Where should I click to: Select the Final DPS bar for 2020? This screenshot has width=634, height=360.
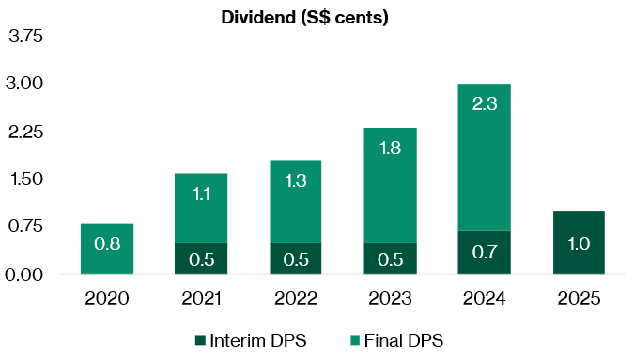106,248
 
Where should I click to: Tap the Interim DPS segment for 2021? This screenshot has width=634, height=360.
200,258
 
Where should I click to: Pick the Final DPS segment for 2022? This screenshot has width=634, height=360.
295,201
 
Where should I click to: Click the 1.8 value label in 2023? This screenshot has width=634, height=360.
389,149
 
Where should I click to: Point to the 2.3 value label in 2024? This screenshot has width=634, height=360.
484,104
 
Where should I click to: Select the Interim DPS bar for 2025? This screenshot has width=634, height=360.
578,243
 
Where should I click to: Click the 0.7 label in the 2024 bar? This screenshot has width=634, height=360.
484,252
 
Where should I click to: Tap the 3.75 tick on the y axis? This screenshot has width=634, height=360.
27,38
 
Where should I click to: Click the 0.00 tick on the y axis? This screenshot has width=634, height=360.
27,274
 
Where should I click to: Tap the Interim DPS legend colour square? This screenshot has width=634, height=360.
199,340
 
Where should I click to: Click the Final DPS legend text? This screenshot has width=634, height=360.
407,340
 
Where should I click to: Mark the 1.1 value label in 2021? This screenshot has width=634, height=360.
200,195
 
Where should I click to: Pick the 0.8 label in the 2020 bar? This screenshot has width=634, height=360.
106,244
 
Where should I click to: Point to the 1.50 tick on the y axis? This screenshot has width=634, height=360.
27,180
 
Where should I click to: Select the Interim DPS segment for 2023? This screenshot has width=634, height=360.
389,258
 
